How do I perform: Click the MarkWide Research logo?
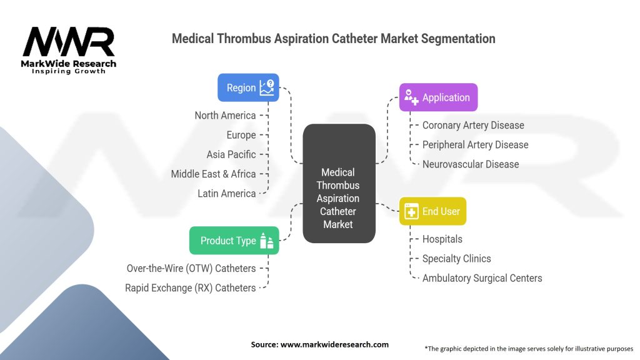tap(69, 50)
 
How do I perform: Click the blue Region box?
tap(248, 87)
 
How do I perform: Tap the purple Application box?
tap(438, 97)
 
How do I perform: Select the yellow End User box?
tap(432, 211)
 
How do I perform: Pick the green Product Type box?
tap(234, 241)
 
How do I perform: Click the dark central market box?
tap(338, 184)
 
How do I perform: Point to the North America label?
tap(225, 115)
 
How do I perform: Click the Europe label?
tap(241, 135)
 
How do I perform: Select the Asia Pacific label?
tap(231, 154)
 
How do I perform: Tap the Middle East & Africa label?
tap(213, 174)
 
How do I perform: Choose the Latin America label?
tap(227, 193)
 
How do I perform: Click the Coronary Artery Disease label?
tap(473, 125)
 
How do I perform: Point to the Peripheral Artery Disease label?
tap(475, 144)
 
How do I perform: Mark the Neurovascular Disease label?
tap(471, 164)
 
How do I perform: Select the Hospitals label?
tap(442, 239)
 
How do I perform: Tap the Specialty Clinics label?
tap(457, 258)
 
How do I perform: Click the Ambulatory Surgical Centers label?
tap(482, 277)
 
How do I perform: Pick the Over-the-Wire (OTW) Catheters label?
tap(191, 268)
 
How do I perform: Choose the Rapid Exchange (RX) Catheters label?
tap(191, 287)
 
